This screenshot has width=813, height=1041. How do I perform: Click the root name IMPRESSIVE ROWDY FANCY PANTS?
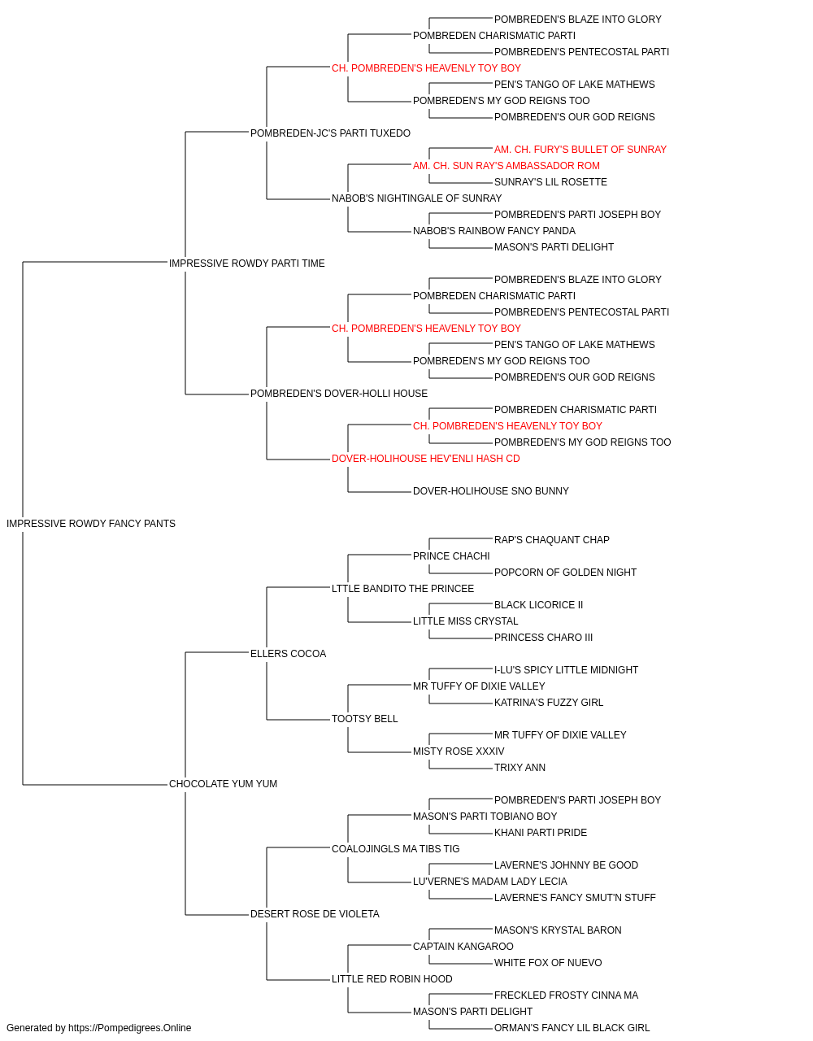(x=91, y=524)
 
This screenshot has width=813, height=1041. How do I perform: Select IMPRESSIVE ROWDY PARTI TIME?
(x=246, y=264)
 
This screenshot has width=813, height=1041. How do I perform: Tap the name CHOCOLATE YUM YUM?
(x=223, y=784)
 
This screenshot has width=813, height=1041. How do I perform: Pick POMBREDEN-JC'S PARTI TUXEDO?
(x=330, y=133)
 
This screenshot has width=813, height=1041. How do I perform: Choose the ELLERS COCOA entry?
(x=289, y=654)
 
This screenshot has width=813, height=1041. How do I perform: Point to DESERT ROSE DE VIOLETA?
(x=315, y=914)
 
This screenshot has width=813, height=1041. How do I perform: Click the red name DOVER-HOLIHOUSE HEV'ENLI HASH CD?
(x=426, y=459)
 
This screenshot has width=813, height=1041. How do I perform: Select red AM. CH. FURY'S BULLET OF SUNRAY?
(x=580, y=150)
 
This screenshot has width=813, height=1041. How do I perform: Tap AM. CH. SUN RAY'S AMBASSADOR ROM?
(x=506, y=166)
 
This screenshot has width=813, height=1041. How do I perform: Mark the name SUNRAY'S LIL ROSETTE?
(x=550, y=182)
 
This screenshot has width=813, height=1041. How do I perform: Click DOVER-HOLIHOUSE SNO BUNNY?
(x=491, y=491)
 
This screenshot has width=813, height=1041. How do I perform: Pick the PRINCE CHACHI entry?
(x=451, y=556)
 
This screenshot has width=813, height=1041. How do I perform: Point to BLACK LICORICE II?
(x=539, y=605)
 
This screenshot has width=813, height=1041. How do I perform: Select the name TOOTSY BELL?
(x=365, y=719)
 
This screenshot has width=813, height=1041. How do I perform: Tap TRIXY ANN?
(x=520, y=768)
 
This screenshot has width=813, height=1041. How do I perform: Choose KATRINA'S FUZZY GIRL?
(x=549, y=703)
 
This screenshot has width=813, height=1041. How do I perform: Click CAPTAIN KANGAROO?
(x=463, y=947)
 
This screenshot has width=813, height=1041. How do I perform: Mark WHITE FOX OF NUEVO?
(x=548, y=963)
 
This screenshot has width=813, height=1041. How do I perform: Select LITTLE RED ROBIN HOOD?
(x=392, y=979)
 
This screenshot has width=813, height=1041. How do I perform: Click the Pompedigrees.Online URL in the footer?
(x=130, y=1028)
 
